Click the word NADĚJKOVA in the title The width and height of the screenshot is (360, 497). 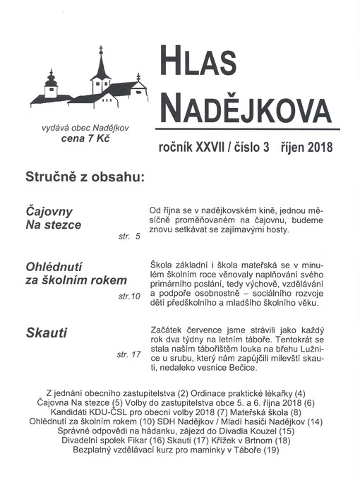[x=246, y=108]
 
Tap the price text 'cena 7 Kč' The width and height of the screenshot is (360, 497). [x=85, y=138]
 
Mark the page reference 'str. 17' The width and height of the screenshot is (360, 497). [x=128, y=354]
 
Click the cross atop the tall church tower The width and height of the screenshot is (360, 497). [x=101, y=49]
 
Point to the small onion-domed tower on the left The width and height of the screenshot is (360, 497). [x=51, y=82]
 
